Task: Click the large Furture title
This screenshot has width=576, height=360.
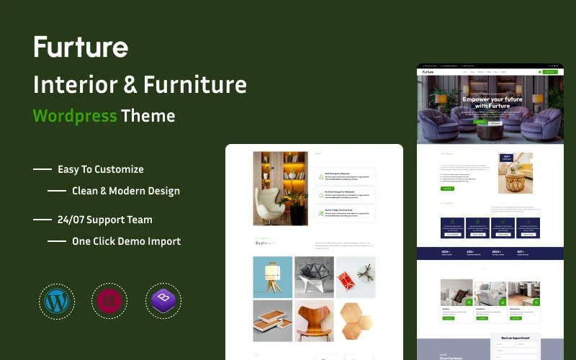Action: (81, 48)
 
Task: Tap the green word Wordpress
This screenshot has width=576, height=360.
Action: (75, 115)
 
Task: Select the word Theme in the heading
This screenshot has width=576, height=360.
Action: (148, 115)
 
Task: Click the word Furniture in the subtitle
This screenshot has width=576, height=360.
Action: (194, 84)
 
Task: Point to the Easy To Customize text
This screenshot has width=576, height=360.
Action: (101, 169)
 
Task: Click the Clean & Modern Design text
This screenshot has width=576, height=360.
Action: (126, 191)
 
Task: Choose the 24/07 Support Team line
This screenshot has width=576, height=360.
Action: (105, 220)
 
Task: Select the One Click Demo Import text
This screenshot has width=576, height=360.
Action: (126, 241)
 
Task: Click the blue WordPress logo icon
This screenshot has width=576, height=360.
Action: (55, 301)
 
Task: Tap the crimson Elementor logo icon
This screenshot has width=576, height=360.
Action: (109, 301)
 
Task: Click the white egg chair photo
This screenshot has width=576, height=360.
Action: (280, 189)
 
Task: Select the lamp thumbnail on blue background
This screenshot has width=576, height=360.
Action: (273, 277)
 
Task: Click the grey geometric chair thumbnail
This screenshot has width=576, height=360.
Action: (314, 277)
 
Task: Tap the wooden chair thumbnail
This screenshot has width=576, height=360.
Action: (314, 321)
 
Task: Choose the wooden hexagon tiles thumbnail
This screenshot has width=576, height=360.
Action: (356, 321)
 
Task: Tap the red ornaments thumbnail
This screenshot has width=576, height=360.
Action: (356, 277)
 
